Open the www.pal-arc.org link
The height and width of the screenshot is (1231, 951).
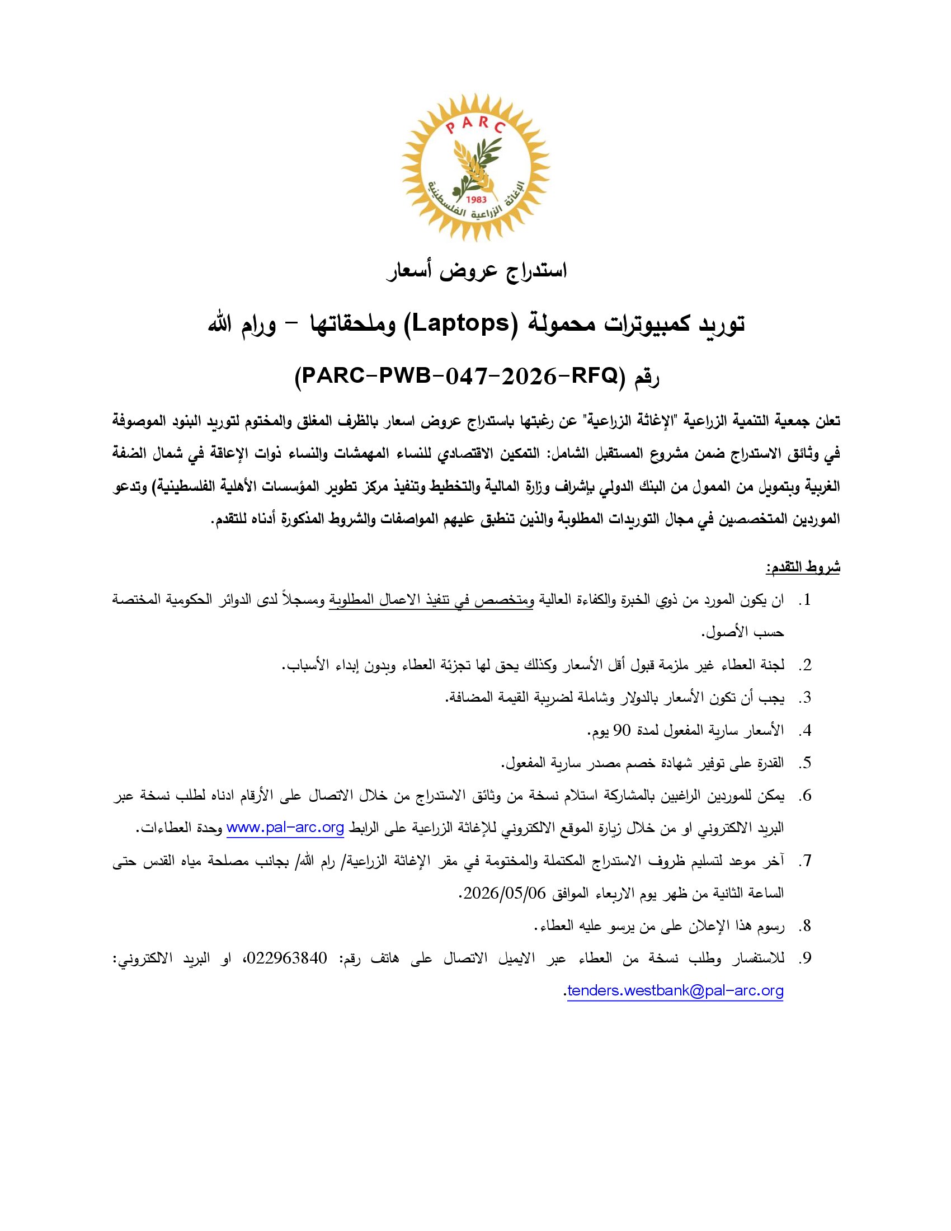[285, 828]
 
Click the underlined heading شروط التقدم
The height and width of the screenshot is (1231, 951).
[803, 567]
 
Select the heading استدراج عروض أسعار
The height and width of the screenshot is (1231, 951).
[477, 271]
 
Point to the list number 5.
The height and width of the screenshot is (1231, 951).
[807, 763]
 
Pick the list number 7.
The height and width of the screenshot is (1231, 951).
[807, 861]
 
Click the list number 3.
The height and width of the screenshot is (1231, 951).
[807, 698]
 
